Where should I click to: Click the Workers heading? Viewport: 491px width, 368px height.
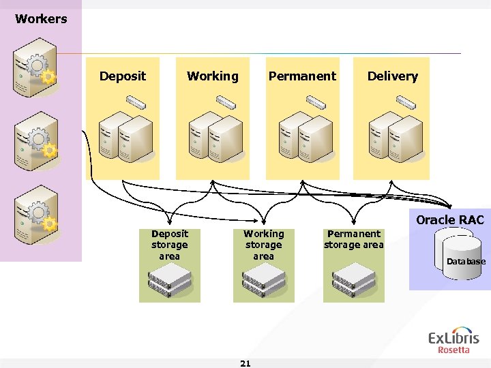click(x=41, y=19)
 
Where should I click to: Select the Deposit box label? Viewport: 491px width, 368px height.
click(x=123, y=76)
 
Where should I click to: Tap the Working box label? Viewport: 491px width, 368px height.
click(x=213, y=76)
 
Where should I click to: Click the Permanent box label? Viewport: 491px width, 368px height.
click(x=302, y=76)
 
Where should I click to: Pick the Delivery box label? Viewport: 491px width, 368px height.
click(x=393, y=76)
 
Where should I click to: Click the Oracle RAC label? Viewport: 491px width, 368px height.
click(x=449, y=220)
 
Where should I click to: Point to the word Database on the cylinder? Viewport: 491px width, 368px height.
click(x=466, y=262)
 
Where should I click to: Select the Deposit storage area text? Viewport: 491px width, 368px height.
click(x=169, y=245)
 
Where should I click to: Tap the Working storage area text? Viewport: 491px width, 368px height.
click(x=263, y=245)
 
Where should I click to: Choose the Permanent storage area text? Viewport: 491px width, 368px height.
click(x=353, y=239)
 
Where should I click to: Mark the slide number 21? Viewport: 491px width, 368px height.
click(x=245, y=363)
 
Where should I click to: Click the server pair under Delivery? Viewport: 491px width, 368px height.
click(x=394, y=138)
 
